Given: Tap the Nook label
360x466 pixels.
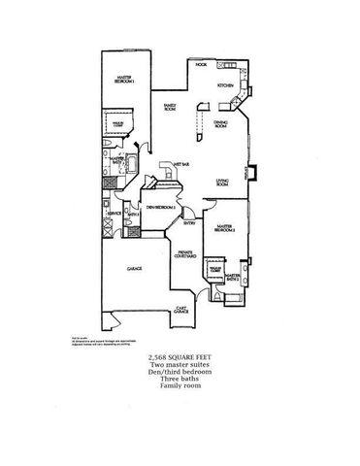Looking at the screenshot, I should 201,65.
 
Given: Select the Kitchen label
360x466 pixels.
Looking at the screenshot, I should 226,86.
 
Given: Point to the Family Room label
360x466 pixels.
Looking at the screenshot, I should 171,106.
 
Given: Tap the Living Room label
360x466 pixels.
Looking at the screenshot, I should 222,181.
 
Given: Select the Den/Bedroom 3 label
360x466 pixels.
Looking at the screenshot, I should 159,208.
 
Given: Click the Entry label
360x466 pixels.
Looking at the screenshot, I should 190,223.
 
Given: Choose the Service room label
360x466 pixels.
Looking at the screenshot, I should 115,212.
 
